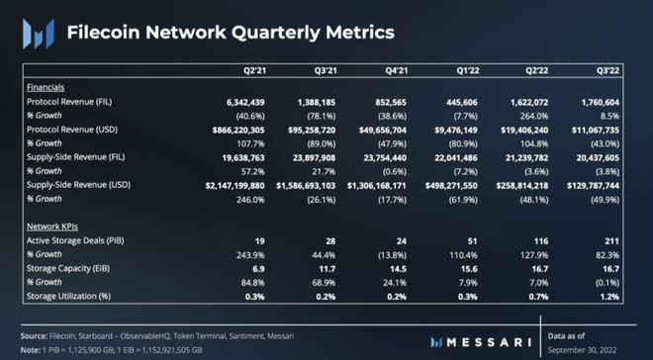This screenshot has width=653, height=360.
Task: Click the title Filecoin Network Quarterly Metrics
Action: click(229, 32)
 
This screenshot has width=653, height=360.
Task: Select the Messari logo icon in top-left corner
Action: click(37, 33)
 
